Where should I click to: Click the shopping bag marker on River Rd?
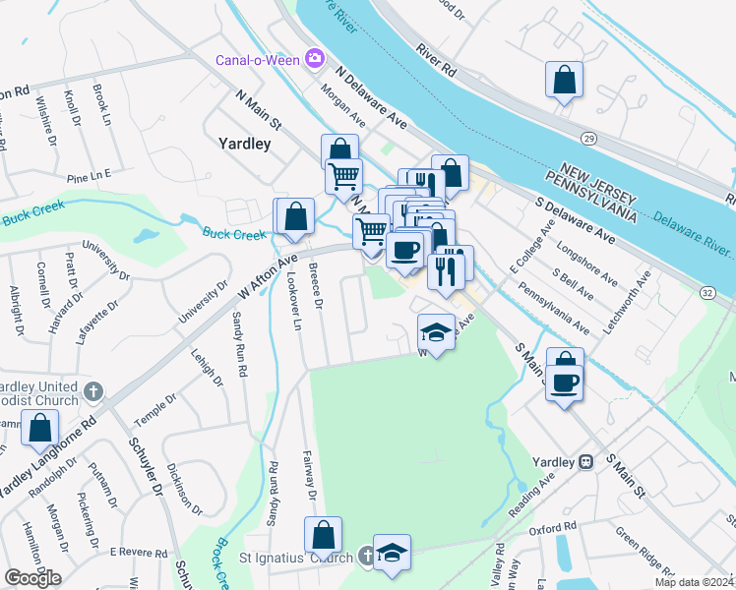pos(565,81)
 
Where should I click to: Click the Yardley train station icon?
pos(585,460)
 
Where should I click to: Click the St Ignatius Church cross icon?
pos(365,558)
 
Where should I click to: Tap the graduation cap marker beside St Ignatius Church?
pos(392,553)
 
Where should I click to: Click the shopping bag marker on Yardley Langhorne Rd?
pos(40,428)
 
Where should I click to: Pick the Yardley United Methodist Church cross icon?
pos(92,392)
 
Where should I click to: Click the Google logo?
pos(33,578)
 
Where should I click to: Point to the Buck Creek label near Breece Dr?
pos(235,234)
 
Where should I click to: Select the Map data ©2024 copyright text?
pos(694,582)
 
